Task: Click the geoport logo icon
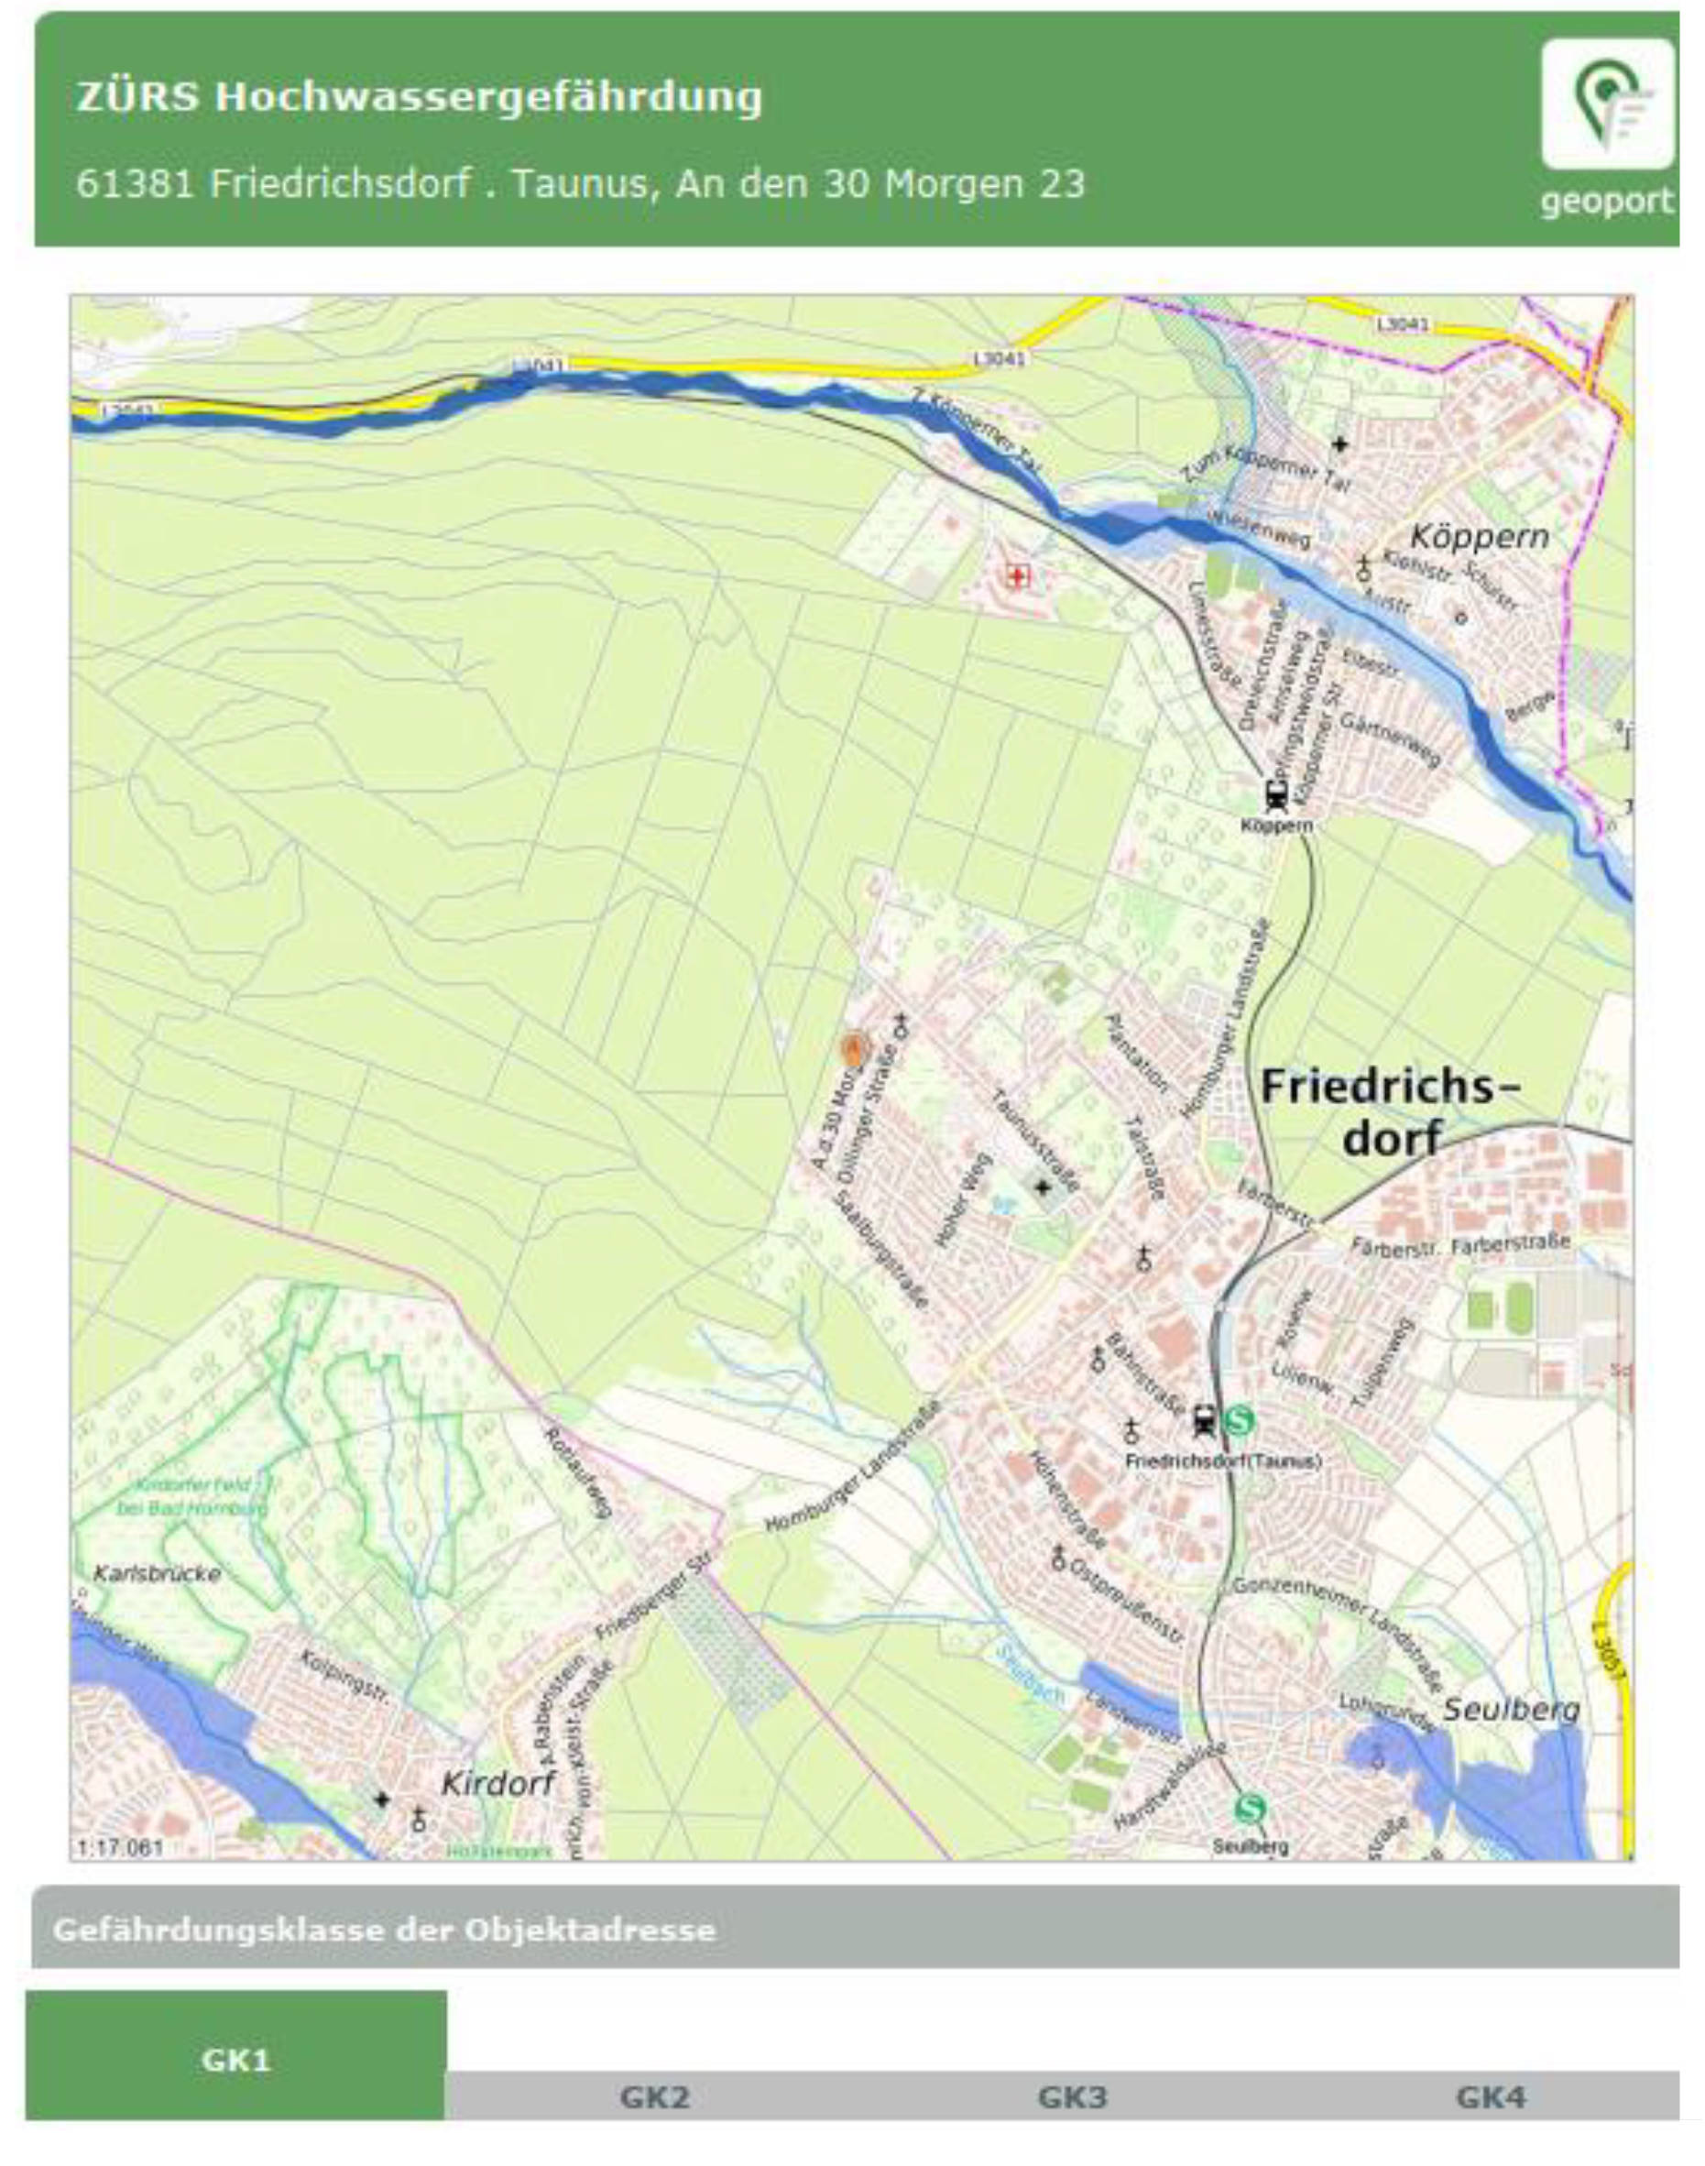[1606, 104]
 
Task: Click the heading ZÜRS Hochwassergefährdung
[420, 97]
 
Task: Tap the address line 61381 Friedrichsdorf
[580, 183]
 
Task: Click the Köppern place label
[1479, 536]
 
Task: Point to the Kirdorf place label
[497, 1782]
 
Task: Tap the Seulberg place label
[1512, 1709]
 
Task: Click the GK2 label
[655, 2096]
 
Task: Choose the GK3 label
[1073, 2096]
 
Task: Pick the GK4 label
[1491, 2096]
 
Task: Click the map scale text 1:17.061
[120, 1846]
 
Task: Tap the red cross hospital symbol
[1017, 576]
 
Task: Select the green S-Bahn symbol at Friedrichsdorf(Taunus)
[1239, 1419]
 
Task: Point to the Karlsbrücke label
[157, 1574]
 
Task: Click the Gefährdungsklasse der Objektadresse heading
[384, 1930]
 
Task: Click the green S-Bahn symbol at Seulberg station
[1250, 1808]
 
